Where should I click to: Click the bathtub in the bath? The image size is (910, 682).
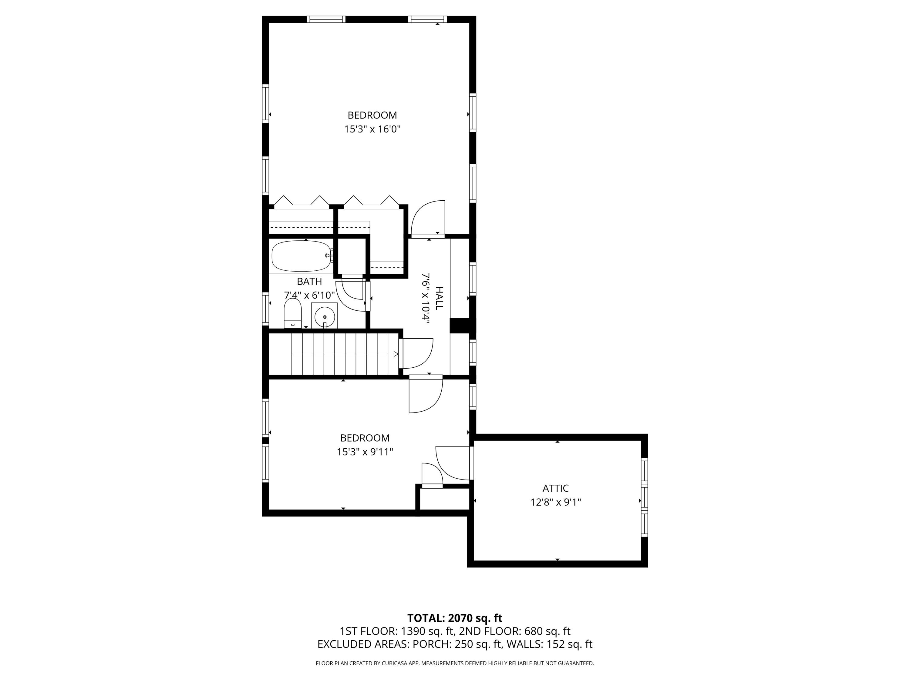(x=301, y=256)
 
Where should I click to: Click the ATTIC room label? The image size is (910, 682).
(x=555, y=488)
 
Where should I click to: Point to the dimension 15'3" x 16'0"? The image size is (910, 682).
(x=372, y=129)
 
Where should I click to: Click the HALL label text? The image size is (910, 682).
(x=439, y=299)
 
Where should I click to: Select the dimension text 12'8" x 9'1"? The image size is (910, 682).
(x=555, y=502)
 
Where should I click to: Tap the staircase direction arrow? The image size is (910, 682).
(x=395, y=354)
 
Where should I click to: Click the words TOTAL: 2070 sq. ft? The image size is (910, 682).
(x=455, y=630)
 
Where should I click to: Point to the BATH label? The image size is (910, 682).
(x=309, y=282)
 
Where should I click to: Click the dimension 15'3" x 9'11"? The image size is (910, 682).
(x=365, y=452)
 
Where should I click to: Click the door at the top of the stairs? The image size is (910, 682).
(x=416, y=353)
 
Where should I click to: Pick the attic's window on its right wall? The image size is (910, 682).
(x=644, y=497)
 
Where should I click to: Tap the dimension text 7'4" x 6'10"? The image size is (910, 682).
(x=309, y=296)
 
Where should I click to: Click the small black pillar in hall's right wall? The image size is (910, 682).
(x=460, y=326)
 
